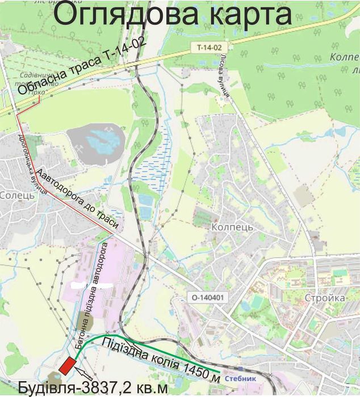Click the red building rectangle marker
68,365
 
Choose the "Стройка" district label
325,298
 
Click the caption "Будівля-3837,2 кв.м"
93,388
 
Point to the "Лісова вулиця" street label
221,79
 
